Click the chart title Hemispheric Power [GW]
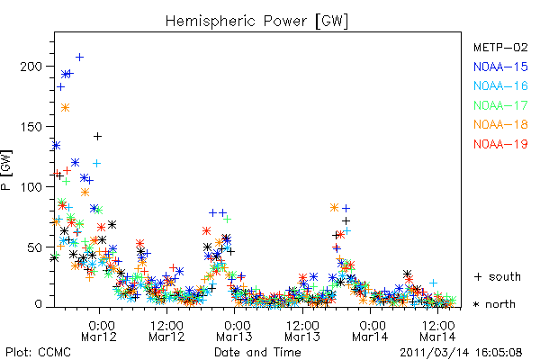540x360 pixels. coord(256,22)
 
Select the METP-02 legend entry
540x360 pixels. coord(500,47)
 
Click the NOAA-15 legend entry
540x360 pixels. coord(500,67)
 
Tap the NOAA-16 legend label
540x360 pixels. coord(500,85)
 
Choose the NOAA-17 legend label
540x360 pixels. coord(500,105)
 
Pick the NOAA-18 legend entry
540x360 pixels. coord(500,124)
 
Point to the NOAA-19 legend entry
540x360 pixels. coord(500,144)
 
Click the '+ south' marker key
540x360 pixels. coord(498,276)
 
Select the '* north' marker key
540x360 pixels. coord(494,304)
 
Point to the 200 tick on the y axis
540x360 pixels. coord(31,66)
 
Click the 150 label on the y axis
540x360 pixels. coord(31,126)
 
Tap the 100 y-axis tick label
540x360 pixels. coord(31,186)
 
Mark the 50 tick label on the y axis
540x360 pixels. coord(35,247)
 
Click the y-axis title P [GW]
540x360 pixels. coord(6,170)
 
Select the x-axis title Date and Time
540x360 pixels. coord(257,353)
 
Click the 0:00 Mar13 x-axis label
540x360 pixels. coord(234,331)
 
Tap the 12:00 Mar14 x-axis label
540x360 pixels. coord(437,331)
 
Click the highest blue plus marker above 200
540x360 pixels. coord(79,58)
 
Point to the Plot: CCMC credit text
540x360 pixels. coord(38,353)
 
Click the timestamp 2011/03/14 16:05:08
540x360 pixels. coord(461,353)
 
